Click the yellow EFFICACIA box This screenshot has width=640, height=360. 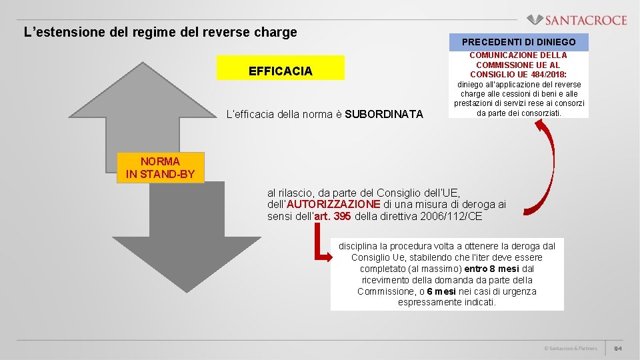pyautogui.click(x=281, y=71)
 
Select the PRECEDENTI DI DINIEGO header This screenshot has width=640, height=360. pyautogui.click(x=519, y=42)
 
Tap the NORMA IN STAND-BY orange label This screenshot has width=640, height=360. pyautogui.click(x=160, y=167)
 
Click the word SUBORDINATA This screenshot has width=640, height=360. pyautogui.click(x=384, y=114)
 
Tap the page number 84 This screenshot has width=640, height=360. pyautogui.click(x=618, y=349)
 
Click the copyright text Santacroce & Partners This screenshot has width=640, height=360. pyautogui.click(x=570, y=349)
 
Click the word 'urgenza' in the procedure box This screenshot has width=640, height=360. pyautogui.click(x=519, y=291)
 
